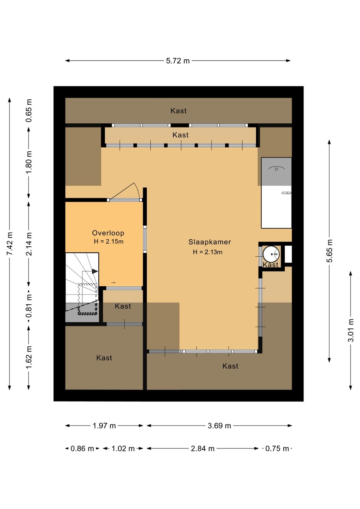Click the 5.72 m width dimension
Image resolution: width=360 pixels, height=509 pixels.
click(178, 61)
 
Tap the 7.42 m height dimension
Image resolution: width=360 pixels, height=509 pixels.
click(10, 244)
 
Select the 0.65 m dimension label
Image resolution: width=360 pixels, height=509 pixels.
click(29, 111)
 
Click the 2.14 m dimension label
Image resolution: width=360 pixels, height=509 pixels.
click(29, 244)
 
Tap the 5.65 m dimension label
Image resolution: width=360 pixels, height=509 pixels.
click(330, 251)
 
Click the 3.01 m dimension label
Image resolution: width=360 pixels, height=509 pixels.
click(351, 330)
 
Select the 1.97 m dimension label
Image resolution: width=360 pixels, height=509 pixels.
click(104, 426)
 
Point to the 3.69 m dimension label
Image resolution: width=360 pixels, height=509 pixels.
click(219, 426)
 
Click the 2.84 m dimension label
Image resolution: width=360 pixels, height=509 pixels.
click(203, 449)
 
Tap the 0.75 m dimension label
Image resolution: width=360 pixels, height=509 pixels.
click(277, 449)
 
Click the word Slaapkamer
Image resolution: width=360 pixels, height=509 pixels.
click(210, 242)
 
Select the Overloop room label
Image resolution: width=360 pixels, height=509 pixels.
click(108, 233)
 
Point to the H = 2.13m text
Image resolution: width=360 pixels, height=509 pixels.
click(208, 252)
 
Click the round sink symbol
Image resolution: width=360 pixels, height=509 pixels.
click(271, 254)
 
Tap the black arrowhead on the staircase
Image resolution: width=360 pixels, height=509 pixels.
click(95, 271)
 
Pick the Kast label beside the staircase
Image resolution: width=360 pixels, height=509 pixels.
click(123, 306)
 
